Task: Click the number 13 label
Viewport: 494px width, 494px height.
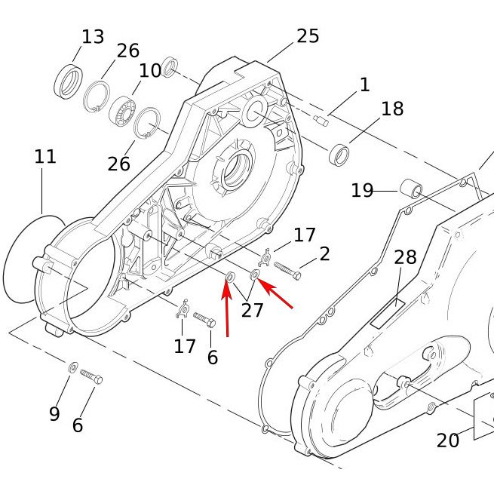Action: coord(93,36)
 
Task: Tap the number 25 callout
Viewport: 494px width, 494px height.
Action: coord(308,35)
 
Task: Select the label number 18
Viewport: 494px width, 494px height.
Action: coord(392,109)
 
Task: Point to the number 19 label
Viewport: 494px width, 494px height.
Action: coord(362,190)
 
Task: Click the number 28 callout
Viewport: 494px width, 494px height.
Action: coord(405,257)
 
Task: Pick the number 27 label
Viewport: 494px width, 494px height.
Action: coord(253,309)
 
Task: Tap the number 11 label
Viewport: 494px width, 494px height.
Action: coord(45,157)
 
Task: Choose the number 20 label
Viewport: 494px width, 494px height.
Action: coord(447,440)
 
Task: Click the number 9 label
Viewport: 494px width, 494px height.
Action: coord(54,413)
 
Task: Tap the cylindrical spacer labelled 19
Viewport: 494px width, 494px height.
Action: coord(412,187)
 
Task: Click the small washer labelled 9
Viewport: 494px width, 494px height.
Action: coord(73,367)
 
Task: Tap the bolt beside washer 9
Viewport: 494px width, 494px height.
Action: coord(91,376)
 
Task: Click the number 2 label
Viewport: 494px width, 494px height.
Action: coord(324,253)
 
